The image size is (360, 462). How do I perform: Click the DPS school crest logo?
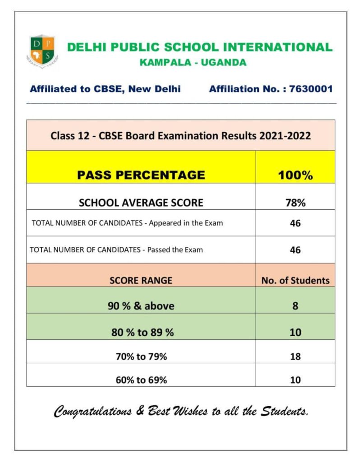click(x=42, y=51)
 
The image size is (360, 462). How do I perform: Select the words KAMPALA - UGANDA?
click(x=193, y=63)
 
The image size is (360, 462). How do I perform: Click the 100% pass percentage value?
click(x=295, y=176)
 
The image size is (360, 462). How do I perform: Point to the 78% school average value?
click(x=295, y=203)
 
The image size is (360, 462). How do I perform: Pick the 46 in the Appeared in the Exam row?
click(x=295, y=223)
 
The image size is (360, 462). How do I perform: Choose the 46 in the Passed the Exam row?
click(x=295, y=250)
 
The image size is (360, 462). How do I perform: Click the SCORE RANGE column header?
click(x=141, y=280)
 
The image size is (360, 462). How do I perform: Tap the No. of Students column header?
click(x=295, y=280)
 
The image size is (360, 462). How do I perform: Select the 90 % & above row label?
click(x=141, y=306)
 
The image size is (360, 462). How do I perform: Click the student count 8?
click(x=295, y=306)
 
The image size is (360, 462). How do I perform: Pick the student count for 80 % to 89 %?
click(x=295, y=333)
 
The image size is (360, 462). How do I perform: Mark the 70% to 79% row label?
click(x=141, y=357)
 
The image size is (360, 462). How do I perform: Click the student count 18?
click(x=295, y=357)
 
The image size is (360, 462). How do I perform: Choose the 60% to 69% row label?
click(x=141, y=380)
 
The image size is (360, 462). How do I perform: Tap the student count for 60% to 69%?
click(x=295, y=380)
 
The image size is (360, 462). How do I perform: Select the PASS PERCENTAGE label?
click(x=141, y=175)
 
